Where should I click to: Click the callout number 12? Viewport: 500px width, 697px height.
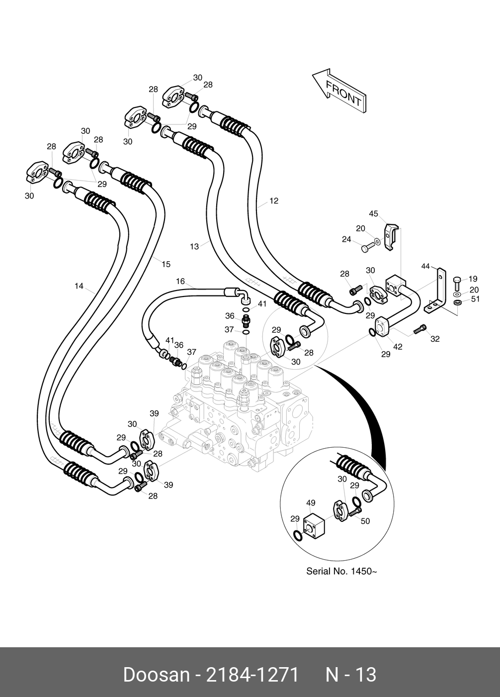(x=274, y=201)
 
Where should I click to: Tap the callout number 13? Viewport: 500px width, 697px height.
(x=194, y=246)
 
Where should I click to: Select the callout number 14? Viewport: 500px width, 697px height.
(x=79, y=286)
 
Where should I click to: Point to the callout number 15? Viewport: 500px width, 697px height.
(x=166, y=264)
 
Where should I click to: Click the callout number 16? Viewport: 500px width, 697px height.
(x=180, y=281)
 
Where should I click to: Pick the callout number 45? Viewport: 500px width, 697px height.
(x=373, y=214)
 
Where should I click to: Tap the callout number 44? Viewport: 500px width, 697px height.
(x=425, y=266)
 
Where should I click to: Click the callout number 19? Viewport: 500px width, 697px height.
(x=473, y=279)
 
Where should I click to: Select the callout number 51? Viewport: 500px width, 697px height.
(x=476, y=299)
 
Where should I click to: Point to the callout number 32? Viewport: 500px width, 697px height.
(x=435, y=339)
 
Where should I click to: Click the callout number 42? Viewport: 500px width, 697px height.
(x=398, y=347)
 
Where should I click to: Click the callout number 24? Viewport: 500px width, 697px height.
(x=346, y=239)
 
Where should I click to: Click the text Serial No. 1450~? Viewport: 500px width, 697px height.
(x=341, y=571)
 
